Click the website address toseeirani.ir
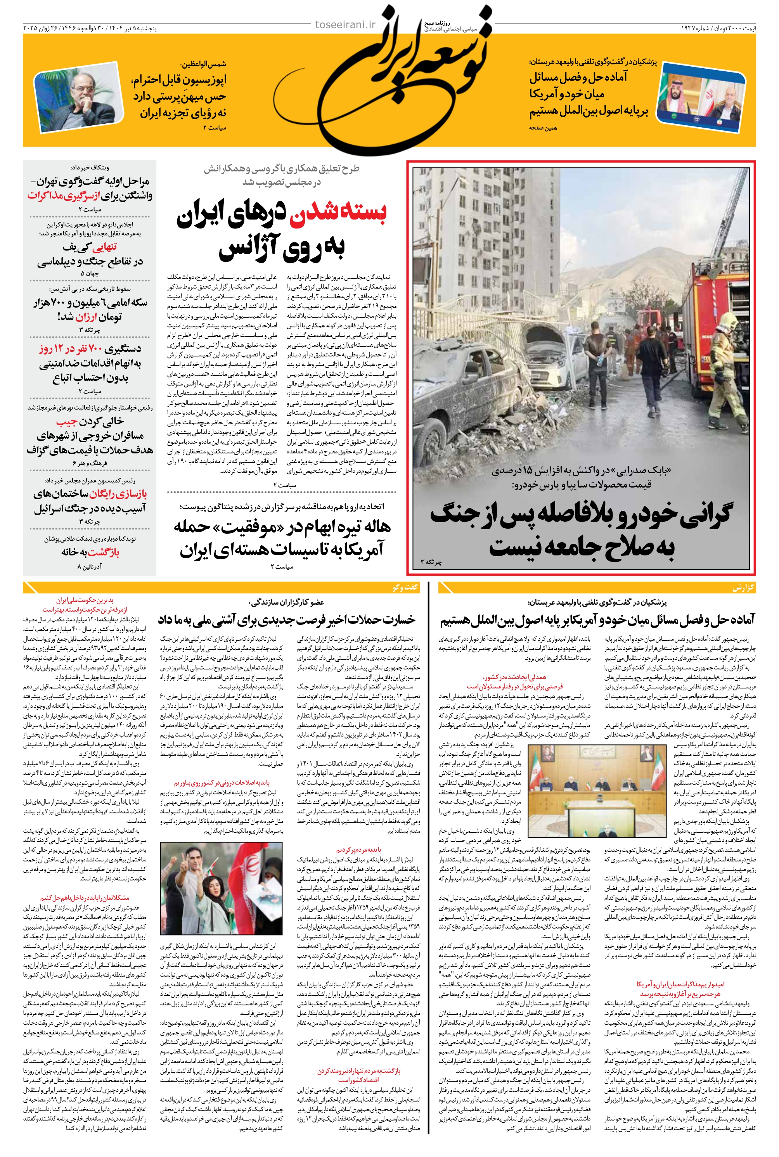(x=346, y=25)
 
